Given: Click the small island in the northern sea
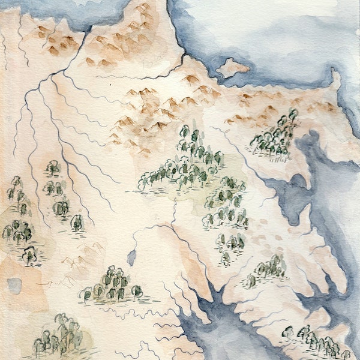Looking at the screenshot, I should click(x=232, y=67).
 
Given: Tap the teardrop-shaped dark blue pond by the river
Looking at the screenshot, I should click(x=131, y=257).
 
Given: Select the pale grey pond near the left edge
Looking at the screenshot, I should click(x=14, y=285).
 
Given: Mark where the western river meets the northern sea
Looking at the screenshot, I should click(x=89, y=29).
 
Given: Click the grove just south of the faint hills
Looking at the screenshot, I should click(x=112, y=284).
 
